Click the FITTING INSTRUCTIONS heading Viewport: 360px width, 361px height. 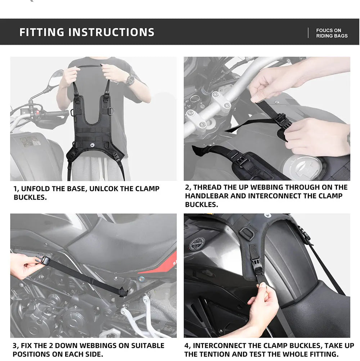tap(87, 32)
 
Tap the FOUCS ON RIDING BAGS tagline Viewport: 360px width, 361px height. tap(332, 33)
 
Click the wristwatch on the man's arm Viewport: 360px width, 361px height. tap(130, 80)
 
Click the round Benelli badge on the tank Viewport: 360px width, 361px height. tap(197, 244)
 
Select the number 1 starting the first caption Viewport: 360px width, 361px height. tap(15, 189)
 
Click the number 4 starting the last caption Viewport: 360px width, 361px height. tap(187, 346)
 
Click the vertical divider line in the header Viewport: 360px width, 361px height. tap(308, 33)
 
